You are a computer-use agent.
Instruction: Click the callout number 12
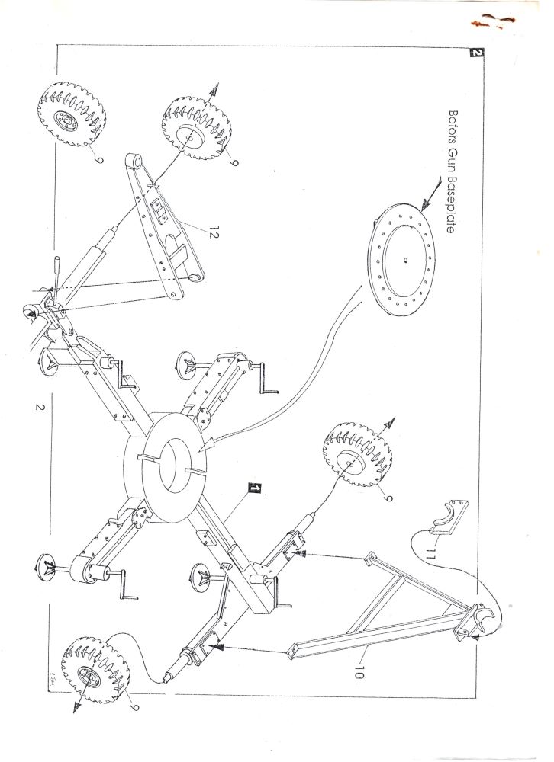pos(211,233)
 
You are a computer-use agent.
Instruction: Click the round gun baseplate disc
pos(402,260)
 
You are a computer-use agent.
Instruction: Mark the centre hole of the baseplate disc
pos(405,260)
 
